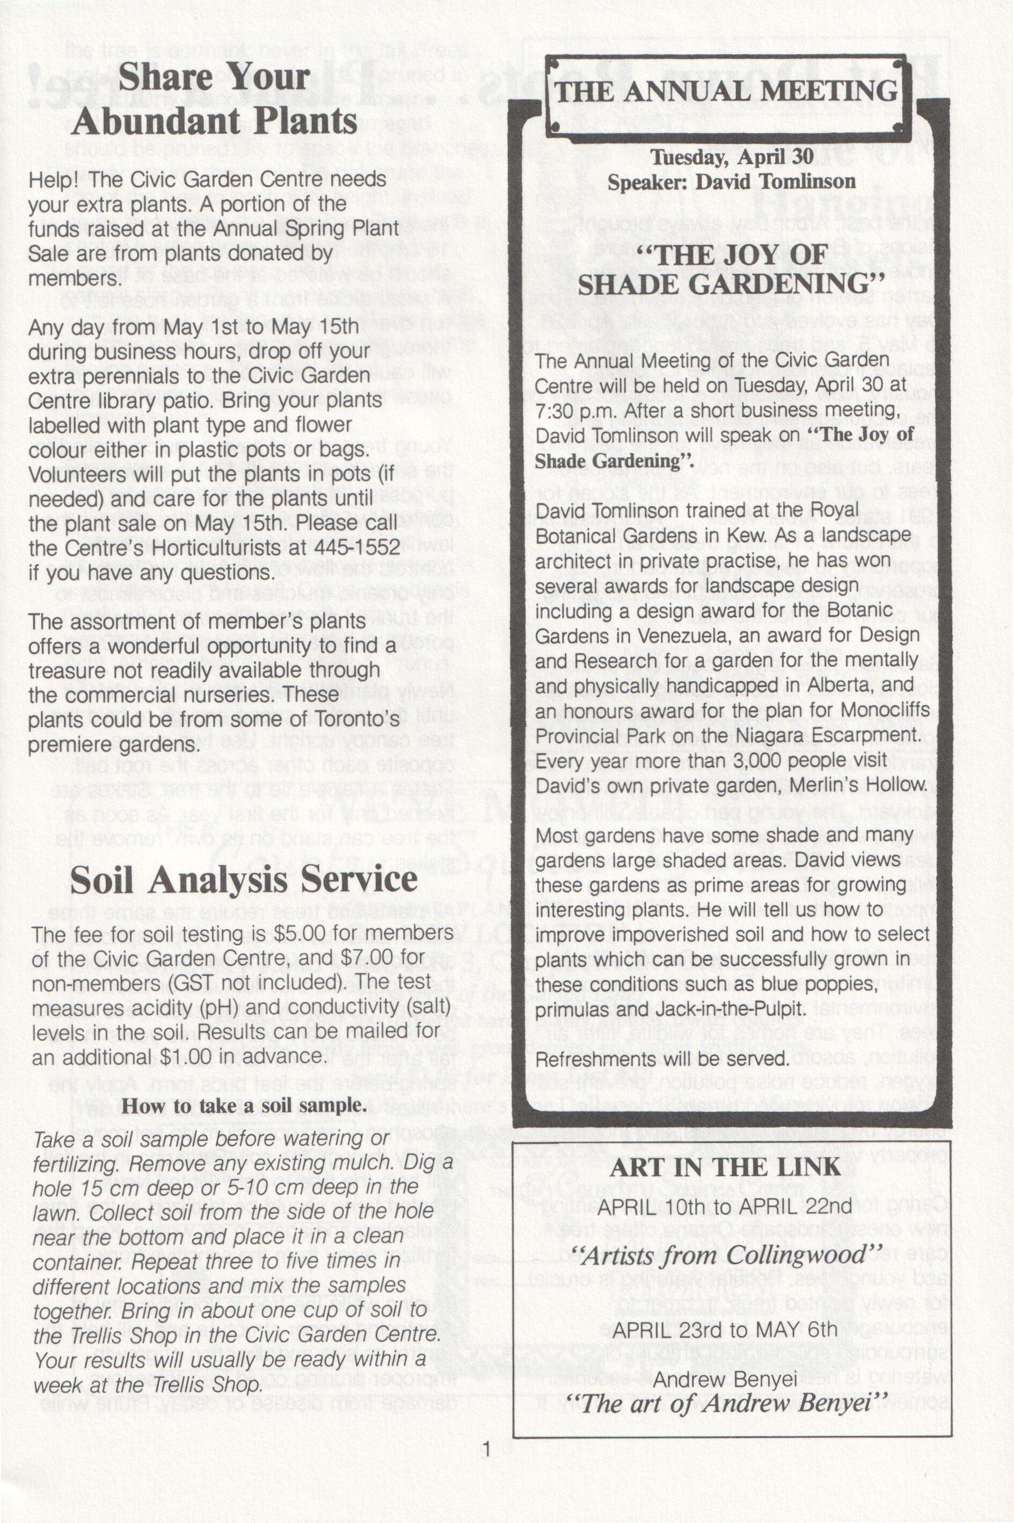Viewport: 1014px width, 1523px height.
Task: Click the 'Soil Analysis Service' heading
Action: coord(243,880)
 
